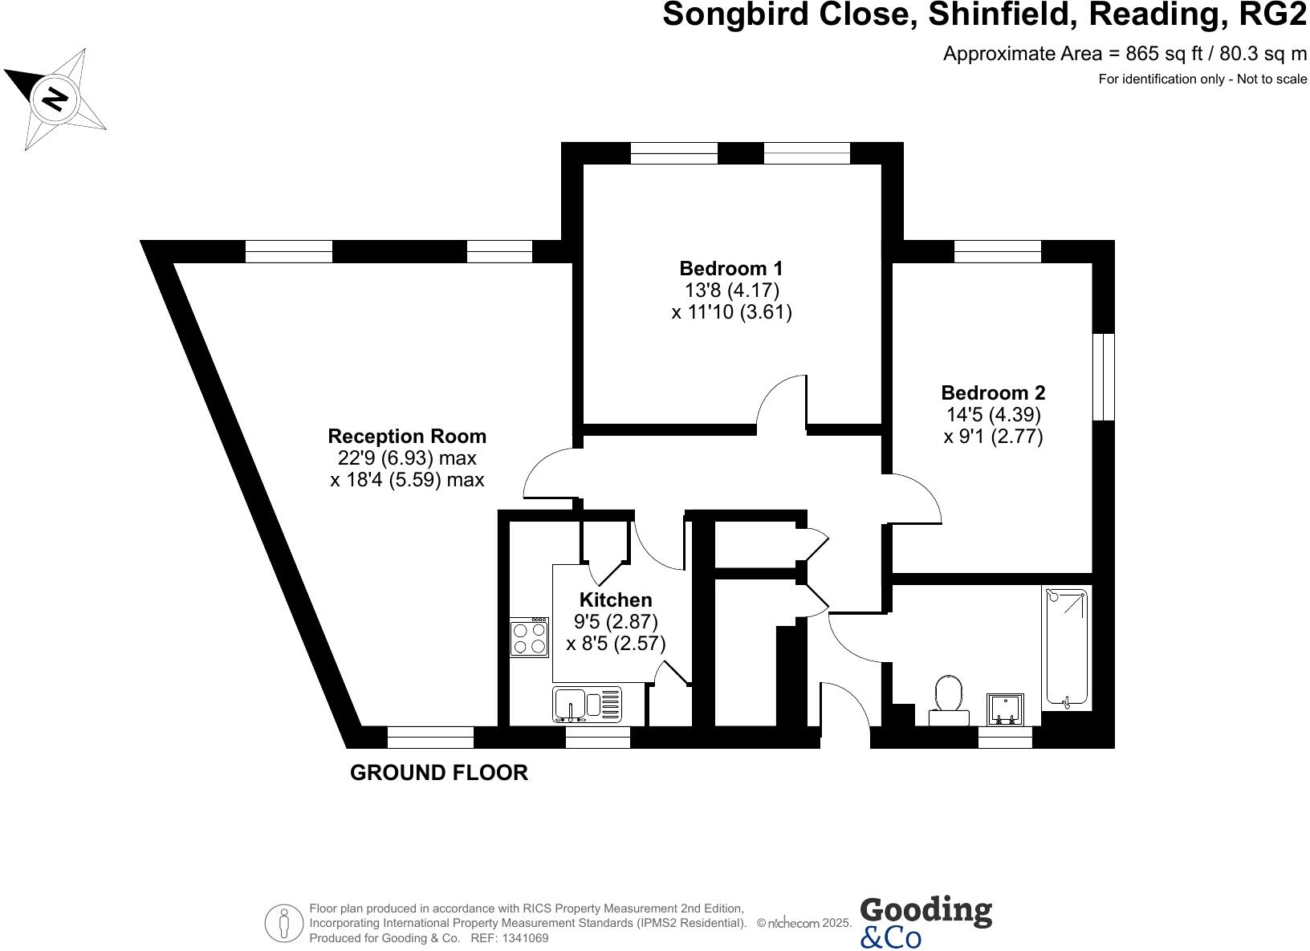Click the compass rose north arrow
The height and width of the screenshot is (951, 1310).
tap(55, 99)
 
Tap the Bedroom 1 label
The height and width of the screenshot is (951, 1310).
tap(731, 268)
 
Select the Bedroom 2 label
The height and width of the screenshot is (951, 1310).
tap(993, 393)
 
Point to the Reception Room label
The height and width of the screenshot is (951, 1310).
tap(407, 437)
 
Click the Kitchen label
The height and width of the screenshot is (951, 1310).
tap(616, 599)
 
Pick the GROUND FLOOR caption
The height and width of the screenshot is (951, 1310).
tap(439, 773)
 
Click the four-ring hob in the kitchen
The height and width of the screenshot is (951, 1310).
tap(530, 638)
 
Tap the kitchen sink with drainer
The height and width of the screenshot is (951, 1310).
tap(587, 704)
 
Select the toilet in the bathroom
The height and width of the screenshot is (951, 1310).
tap(949, 695)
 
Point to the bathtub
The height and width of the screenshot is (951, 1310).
tap(1066, 647)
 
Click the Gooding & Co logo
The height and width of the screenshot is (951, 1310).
tap(926, 921)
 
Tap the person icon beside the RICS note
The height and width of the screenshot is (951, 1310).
tap(283, 925)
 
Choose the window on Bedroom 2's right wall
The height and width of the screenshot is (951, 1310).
tap(1105, 376)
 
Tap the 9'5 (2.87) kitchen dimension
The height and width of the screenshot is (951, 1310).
tap(616, 621)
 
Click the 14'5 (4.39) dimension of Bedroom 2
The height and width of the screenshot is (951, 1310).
tap(993, 415)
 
